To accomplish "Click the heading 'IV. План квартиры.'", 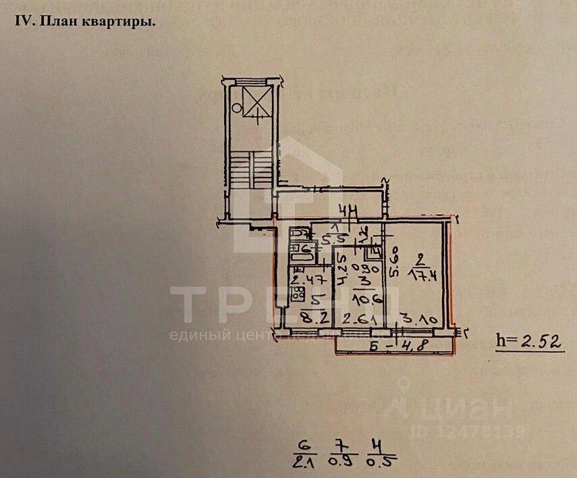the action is tap(85, 20).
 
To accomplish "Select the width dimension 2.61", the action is tap(360, 319).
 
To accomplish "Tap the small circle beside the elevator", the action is tap(236, 107).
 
